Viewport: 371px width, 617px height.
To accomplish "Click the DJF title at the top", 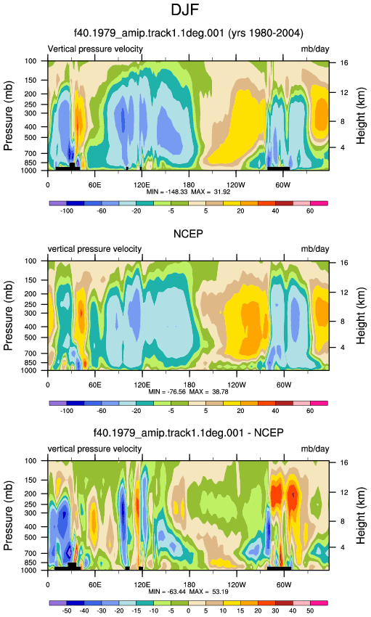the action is (185, 10).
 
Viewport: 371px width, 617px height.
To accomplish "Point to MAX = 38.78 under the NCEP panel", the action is (209, 392).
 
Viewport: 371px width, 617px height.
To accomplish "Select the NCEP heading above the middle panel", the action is (189, 234).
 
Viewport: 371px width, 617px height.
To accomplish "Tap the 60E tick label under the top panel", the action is (95, 185).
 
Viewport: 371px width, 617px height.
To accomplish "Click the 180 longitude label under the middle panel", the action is (189, 385).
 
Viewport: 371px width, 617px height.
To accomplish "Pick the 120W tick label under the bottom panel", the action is (236, 585).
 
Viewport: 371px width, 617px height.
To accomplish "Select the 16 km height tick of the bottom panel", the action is (344, 463).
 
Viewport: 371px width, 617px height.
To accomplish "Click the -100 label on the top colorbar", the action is (67, 211).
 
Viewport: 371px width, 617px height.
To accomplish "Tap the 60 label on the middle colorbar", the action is (310, 411).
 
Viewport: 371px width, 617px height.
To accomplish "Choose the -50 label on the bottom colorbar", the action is (67, 610).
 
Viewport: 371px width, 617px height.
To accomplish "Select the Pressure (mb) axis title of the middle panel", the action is (9, 316).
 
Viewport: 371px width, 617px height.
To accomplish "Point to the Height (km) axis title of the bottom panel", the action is (360, 515).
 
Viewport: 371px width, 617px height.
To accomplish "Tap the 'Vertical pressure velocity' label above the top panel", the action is (95, 49).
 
